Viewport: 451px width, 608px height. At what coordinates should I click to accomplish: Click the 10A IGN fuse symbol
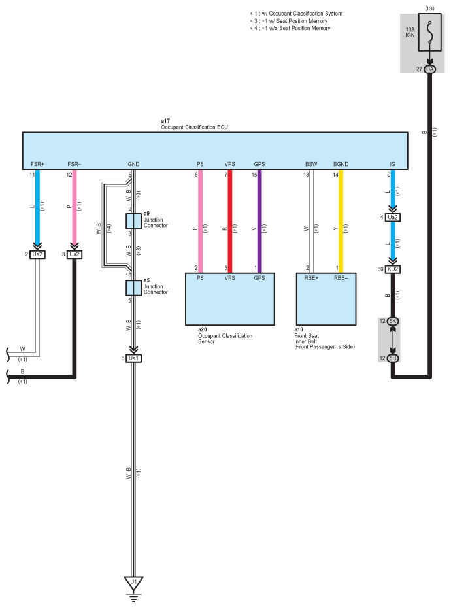(x=429, y=33)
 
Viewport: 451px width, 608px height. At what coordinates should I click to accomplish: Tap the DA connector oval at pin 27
(x=429, y=69)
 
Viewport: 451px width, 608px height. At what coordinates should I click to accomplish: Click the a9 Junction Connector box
(x=133, y=221)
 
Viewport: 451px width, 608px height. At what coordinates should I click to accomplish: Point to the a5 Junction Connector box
(x=133, y=288)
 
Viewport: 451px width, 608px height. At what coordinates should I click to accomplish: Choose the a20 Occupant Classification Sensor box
(x=230, y=299)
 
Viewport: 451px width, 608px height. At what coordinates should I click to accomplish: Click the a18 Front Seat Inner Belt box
(x=326, y=299)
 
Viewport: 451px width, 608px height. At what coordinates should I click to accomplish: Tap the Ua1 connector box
(x=134, y=358)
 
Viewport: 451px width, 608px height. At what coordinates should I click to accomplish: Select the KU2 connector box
(x=393, y=269)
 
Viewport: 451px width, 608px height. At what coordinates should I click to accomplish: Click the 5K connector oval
(x=393, y=321)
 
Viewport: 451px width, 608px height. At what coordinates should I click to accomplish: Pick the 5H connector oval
(x=393, y=358)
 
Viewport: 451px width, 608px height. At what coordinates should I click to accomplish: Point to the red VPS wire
(x=230, y=222)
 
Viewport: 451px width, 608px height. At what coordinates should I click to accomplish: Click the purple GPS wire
(x=259, y=222)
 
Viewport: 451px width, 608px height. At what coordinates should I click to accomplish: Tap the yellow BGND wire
(x=341, y=222)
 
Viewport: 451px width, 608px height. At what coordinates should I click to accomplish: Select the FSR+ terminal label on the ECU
(x=38, y=164)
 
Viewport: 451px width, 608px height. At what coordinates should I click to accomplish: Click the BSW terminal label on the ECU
(x=311, y=164)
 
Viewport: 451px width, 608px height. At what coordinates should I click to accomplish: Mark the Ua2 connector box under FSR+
(x=37, y=254)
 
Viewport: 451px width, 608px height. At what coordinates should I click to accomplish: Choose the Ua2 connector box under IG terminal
(x=393, y=218)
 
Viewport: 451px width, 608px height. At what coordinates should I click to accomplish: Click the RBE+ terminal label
(x=311, y=278)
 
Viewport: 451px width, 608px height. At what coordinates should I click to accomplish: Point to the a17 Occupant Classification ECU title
(x=194, y=124)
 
